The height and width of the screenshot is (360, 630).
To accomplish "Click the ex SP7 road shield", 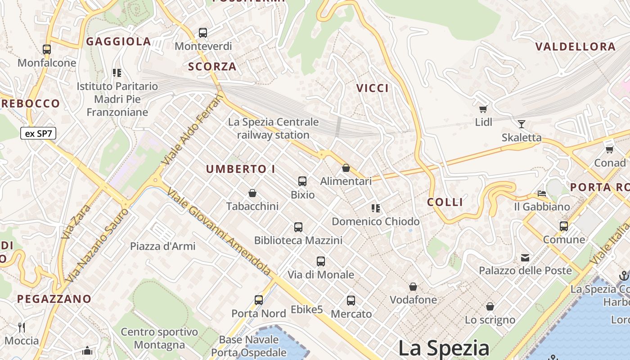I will point(38,133).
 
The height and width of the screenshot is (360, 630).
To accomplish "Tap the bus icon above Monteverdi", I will point(203,33).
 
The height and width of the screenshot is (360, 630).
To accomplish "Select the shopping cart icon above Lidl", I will point(483,108).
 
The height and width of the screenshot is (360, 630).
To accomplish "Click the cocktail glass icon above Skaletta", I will point(522,124).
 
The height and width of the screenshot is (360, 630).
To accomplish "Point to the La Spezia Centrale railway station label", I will point(273,128).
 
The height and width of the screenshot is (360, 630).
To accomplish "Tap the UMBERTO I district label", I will point(240,169).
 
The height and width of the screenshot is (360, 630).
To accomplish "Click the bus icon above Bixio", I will point(302,181).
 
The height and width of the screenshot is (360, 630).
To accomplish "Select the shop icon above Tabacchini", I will point(252,193).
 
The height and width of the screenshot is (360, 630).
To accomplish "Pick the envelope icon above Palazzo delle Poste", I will point(525,257).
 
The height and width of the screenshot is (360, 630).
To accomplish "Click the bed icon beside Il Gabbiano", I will point(542,193).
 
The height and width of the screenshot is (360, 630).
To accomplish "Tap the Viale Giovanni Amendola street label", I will point(219,232).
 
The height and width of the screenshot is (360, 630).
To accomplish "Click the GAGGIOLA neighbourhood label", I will point(118,42).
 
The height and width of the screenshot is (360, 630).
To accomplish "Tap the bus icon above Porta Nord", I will point(259,300).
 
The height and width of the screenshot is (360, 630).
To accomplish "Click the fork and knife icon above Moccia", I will point(21,327).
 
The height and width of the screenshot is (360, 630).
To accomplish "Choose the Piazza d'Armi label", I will point(162,246).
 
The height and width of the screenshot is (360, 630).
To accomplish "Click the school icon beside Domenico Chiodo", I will point(375,208).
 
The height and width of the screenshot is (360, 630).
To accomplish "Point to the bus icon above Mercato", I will point(351,300).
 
